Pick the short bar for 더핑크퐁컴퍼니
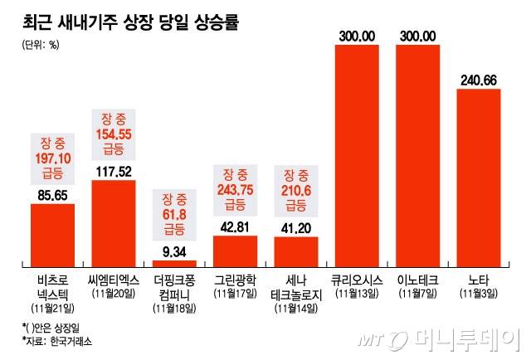(x=175, y=256)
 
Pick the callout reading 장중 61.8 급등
(x=175, y=212)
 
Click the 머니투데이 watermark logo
(x=439, y=339)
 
